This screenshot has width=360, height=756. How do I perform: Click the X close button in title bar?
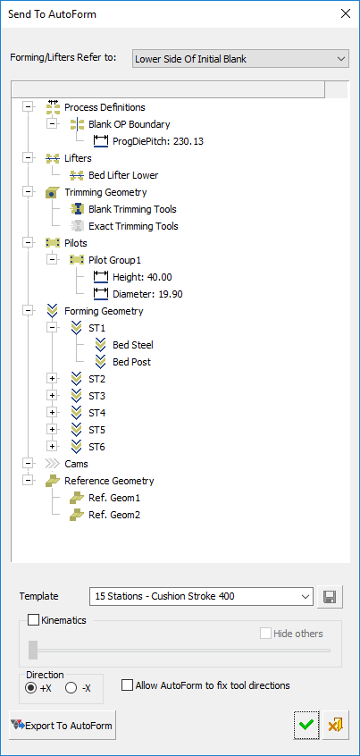click(346, 14)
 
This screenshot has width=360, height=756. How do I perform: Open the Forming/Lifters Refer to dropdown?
click(240, 59)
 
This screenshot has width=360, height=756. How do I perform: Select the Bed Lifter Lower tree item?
click(123, 175)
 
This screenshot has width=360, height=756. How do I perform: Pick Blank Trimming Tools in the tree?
click(132, 209)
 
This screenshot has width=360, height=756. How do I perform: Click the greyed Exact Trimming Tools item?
click(133, 226)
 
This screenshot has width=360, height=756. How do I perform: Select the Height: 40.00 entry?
click(142, 277)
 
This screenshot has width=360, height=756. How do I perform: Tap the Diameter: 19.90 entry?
click(147, 294)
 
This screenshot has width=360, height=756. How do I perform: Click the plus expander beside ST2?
click(52, 379)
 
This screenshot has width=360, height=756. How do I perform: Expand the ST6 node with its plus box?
click(52, 447)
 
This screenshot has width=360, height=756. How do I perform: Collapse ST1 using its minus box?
click(52, 328)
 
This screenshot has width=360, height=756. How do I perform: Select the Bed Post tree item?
click(131, 362)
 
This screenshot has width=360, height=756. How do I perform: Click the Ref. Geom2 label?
click(114, 515)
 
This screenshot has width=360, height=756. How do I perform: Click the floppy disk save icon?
click(331, 597)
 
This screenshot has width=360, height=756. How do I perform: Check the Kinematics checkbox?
click(33, 620)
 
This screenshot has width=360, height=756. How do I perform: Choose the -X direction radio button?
click(71, 688)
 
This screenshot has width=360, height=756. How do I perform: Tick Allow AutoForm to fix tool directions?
click(127, 685)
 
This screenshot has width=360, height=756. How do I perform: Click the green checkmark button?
click(306, 725)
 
